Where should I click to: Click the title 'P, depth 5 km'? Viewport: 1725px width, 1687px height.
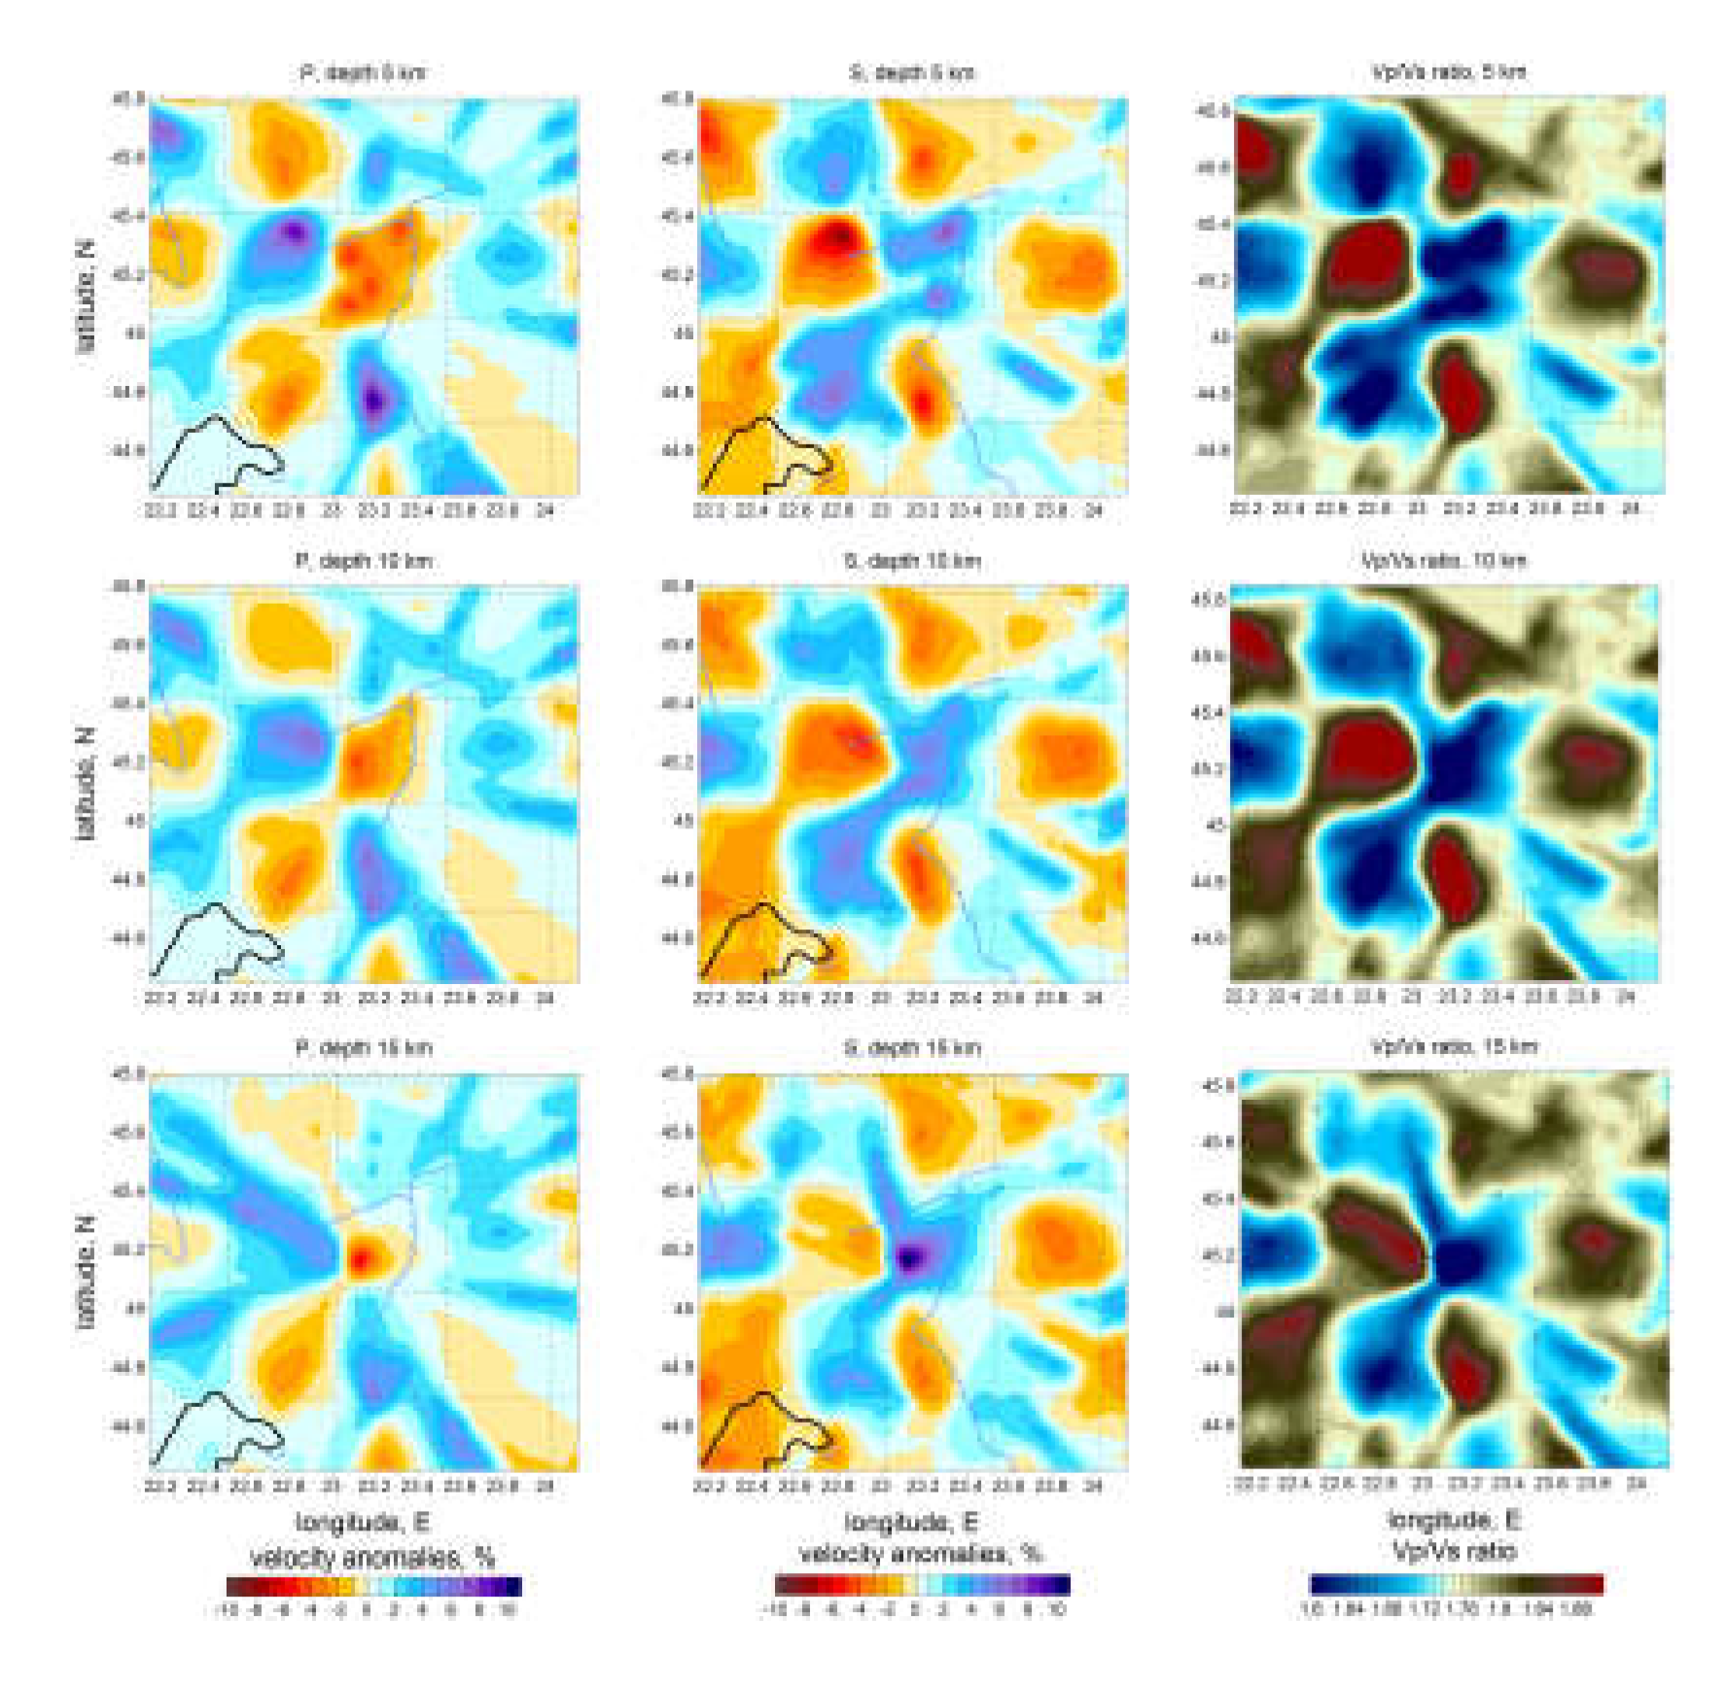pyautogui.click(x=363, y=73)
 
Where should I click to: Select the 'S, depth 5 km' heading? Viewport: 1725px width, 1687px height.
pyautogui.click(x=912, y=73)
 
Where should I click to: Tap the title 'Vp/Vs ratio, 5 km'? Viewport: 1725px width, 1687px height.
pyautogui.click(x=1449, y=72)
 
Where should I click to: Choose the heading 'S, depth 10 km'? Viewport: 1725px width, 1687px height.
pyautogui.click(x=912, y=561)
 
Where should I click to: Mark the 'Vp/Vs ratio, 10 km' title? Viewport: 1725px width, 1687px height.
pyautogui.click(x=1444, y=560)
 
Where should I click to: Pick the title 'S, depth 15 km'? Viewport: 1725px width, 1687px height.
pyautogui.click(x=912, y=1048)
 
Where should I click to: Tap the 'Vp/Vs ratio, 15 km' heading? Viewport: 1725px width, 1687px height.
pyautogui.click(x=1454, y=1047)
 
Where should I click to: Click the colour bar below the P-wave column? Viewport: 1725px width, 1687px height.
pyautogui.click(x=374, y=1587)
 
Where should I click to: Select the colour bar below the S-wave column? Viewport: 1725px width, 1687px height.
pyautogui.click(x=923, y=1585)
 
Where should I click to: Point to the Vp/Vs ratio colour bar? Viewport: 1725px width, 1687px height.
pyautogui.click(x=1457, y=1585)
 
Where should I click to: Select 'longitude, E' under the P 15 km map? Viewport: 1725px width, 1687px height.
pyautogui.click(x=363, y=1522)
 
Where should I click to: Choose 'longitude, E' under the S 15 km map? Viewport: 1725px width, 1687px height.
pyautogui.click(x=911, y=1522)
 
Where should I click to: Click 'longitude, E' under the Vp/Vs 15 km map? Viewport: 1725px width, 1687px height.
pyautogui.click(x=1455, y=1520)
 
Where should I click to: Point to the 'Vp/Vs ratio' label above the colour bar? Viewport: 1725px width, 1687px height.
pyautogui.click(x=1455, y=1551)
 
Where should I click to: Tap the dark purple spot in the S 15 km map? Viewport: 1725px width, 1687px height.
pyautogui.click(x=910, y=1259)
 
